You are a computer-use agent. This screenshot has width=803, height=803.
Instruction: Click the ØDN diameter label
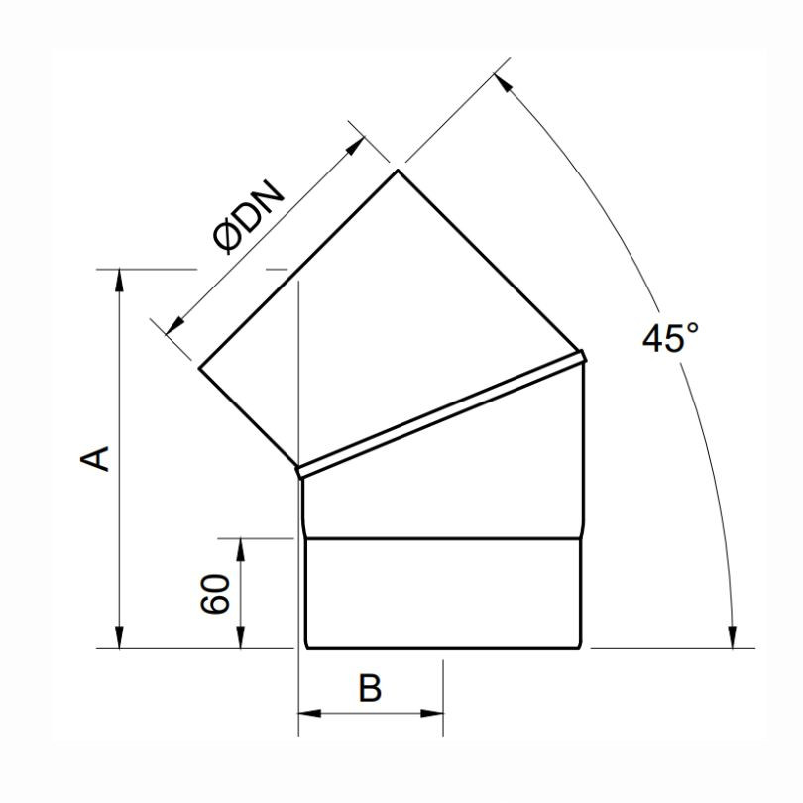[249, 217]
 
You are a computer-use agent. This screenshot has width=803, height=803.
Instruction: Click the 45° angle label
[671, 338]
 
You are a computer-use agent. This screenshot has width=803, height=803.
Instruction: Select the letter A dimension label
[94, 458]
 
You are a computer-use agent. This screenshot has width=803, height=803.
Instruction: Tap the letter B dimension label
[370, 687]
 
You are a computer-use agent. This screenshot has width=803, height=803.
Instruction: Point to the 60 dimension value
[217, 593]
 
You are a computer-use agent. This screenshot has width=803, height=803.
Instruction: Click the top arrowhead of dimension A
[120, 278]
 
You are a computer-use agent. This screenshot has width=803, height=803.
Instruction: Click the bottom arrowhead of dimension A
[120, 639]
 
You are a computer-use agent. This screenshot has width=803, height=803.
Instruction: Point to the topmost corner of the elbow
[399, 170]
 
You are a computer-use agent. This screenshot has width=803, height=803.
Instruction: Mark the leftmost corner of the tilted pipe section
[200, 370]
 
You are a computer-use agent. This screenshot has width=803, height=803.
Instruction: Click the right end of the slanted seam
[585, 354]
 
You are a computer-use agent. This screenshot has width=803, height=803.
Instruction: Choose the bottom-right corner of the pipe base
[581, 649]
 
